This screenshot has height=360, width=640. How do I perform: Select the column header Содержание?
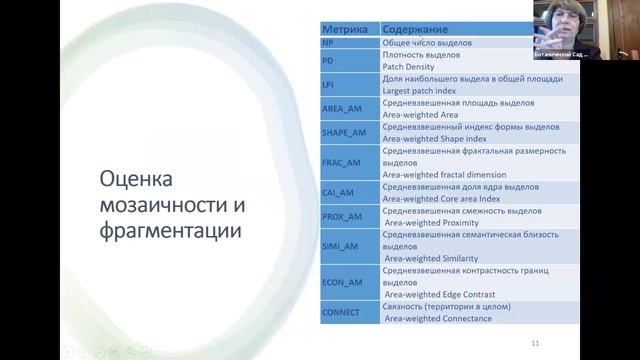point(415,32)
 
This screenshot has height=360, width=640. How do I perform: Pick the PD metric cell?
point(328,62)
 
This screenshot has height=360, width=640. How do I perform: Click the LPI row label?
point(329,84)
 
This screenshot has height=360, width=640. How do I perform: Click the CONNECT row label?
point(342,311)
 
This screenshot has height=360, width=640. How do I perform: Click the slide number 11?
point(535,343)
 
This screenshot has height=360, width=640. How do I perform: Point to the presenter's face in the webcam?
point(553,22)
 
